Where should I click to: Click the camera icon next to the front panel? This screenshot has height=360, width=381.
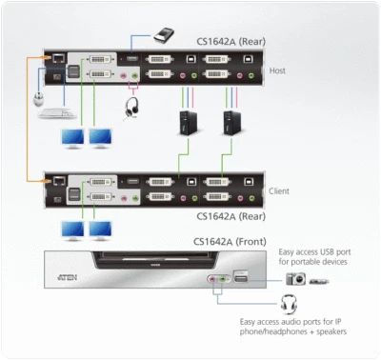(x=295, y=279)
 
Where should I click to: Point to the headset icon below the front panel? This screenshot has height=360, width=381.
(x=286, y=307)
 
